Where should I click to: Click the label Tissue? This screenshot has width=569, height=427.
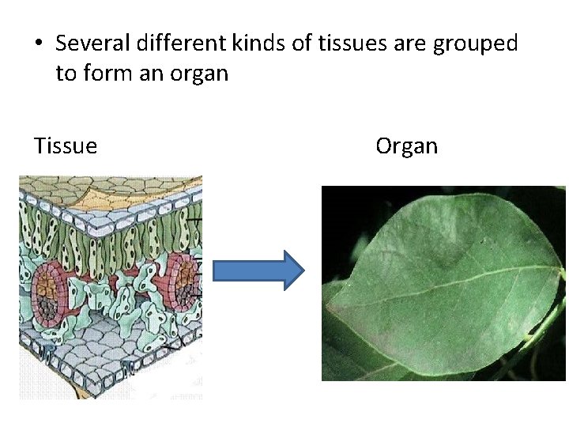point(66,146)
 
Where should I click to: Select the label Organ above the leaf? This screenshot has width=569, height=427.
point(406,146)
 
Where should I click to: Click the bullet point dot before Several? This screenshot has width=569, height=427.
point(39,44)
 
